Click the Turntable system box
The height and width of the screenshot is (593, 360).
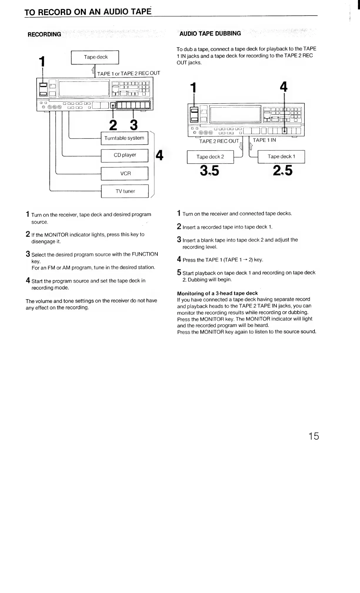pos(124,138)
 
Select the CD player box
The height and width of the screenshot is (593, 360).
pos(124,155)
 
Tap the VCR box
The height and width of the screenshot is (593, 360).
pos(124,174)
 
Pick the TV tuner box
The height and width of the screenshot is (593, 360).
pos(125,191)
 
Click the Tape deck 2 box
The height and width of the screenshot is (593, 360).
pos(210,157)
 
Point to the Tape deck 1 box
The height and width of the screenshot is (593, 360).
pos(281,156)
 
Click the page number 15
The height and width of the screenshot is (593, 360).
pos(314,436)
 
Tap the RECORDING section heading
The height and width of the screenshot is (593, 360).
pos(44,34)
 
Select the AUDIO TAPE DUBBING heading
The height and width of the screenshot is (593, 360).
pos(210,34)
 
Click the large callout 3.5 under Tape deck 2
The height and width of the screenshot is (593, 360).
pos(209,171)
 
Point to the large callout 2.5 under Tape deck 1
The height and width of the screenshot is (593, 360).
pos(283,170)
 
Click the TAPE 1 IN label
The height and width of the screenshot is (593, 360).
pos(264,140)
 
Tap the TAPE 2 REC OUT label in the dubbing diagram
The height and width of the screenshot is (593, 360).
pos(219,141)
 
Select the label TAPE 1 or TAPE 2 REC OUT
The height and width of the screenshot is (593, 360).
pos(129,73)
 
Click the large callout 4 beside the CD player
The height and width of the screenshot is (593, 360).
pos(159,155)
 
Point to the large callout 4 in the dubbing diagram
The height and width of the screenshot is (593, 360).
pos(284,87)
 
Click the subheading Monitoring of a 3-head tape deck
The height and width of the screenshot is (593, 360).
pos(217,293)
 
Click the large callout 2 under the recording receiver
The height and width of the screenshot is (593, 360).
pos(113,125)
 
